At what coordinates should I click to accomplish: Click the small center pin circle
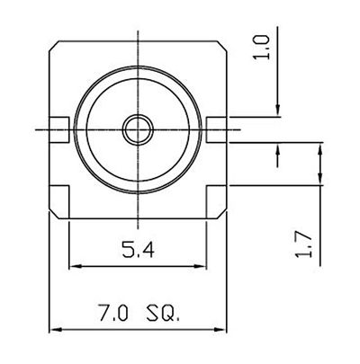138,129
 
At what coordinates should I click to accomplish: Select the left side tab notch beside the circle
59,129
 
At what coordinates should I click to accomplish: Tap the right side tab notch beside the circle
216,129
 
